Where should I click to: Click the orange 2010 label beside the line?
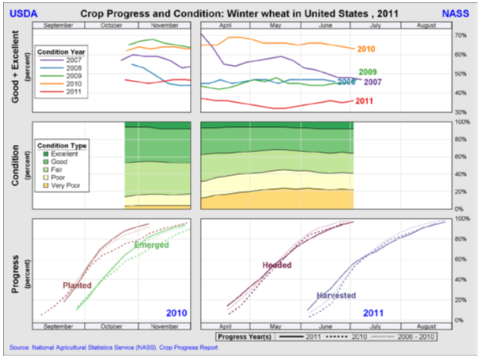pyautogui.click(x=366, y=49)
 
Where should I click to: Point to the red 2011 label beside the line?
pyautogui.click(x=364, y=101)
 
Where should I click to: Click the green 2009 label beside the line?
pyautogui.click(x=369, y=72)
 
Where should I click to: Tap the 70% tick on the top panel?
pyautogui.click(x=460, y=35)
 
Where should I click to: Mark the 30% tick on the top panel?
pyautogui.click(x=460, y=111)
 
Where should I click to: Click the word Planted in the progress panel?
pyautogui.click(x=77, y=285)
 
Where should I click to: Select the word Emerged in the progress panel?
pyautogui.click(x=151, y=245)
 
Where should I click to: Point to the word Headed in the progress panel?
pyautogui.click(x=276, y=265)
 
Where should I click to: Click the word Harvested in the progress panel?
pyautogui.click(x=336, y=296)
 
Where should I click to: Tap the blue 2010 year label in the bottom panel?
pyautogui.click(x=177, y=313)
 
